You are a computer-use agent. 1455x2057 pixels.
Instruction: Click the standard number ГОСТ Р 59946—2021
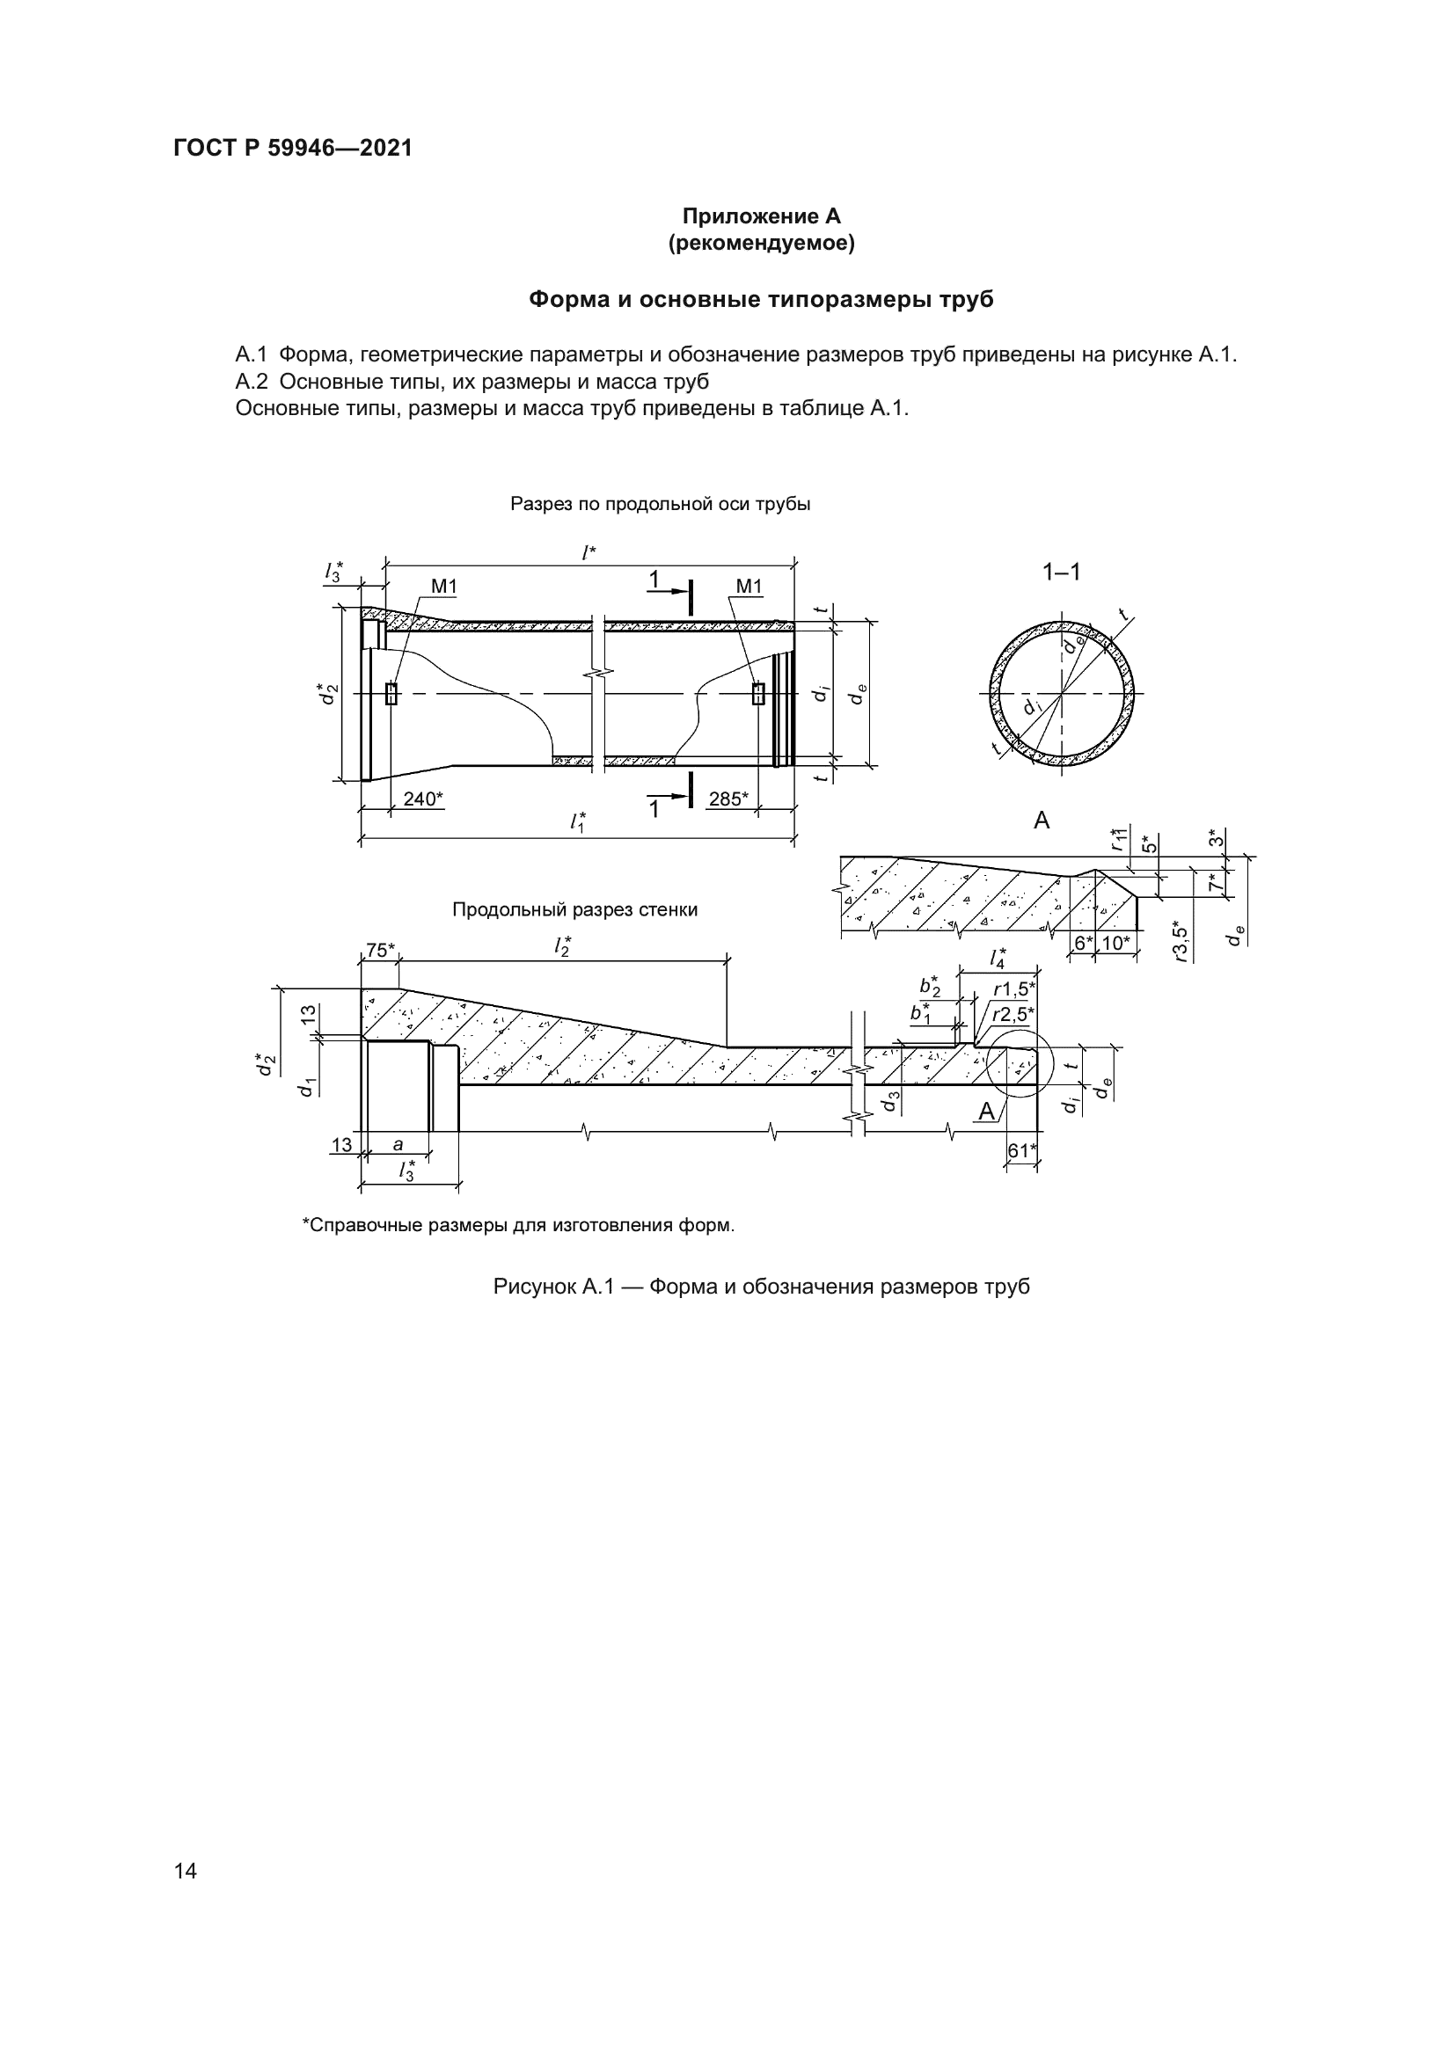tap(293, 149)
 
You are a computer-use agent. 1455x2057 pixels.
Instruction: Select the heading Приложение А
tap(761, 216)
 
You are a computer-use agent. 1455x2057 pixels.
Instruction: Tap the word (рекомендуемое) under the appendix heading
tap(761, 243)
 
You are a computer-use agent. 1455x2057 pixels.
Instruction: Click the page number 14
tap(186, 1871)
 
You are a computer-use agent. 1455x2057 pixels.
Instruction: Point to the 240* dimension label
tap(423, 799)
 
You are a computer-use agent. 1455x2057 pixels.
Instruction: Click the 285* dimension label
tap(728, 799)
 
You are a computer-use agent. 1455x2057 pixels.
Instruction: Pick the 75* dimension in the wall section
tap(381, 951)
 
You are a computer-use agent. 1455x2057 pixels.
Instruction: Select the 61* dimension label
tap(1021, 1150)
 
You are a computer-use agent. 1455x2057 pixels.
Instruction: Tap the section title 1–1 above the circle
tap(1062, 572)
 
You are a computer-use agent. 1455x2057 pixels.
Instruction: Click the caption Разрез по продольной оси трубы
tap(661, 505)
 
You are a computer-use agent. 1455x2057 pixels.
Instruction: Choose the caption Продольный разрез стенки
tap(574, 910)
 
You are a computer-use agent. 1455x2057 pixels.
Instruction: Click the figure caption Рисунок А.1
tap(761, 1287)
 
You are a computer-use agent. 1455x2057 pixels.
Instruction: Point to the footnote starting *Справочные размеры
tap(518, 1225)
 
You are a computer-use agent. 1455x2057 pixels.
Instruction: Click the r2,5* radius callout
tap(1013, 1015)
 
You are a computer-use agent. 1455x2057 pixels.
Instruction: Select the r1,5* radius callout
tap(1014, 990)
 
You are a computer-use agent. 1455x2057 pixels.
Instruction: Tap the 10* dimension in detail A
tap(1116, 943)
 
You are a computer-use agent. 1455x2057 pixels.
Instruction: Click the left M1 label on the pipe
tap(444, 587)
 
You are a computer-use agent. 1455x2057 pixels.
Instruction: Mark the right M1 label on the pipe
tap(748, 587)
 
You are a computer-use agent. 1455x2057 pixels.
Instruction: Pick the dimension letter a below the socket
tap(398, 1144)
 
